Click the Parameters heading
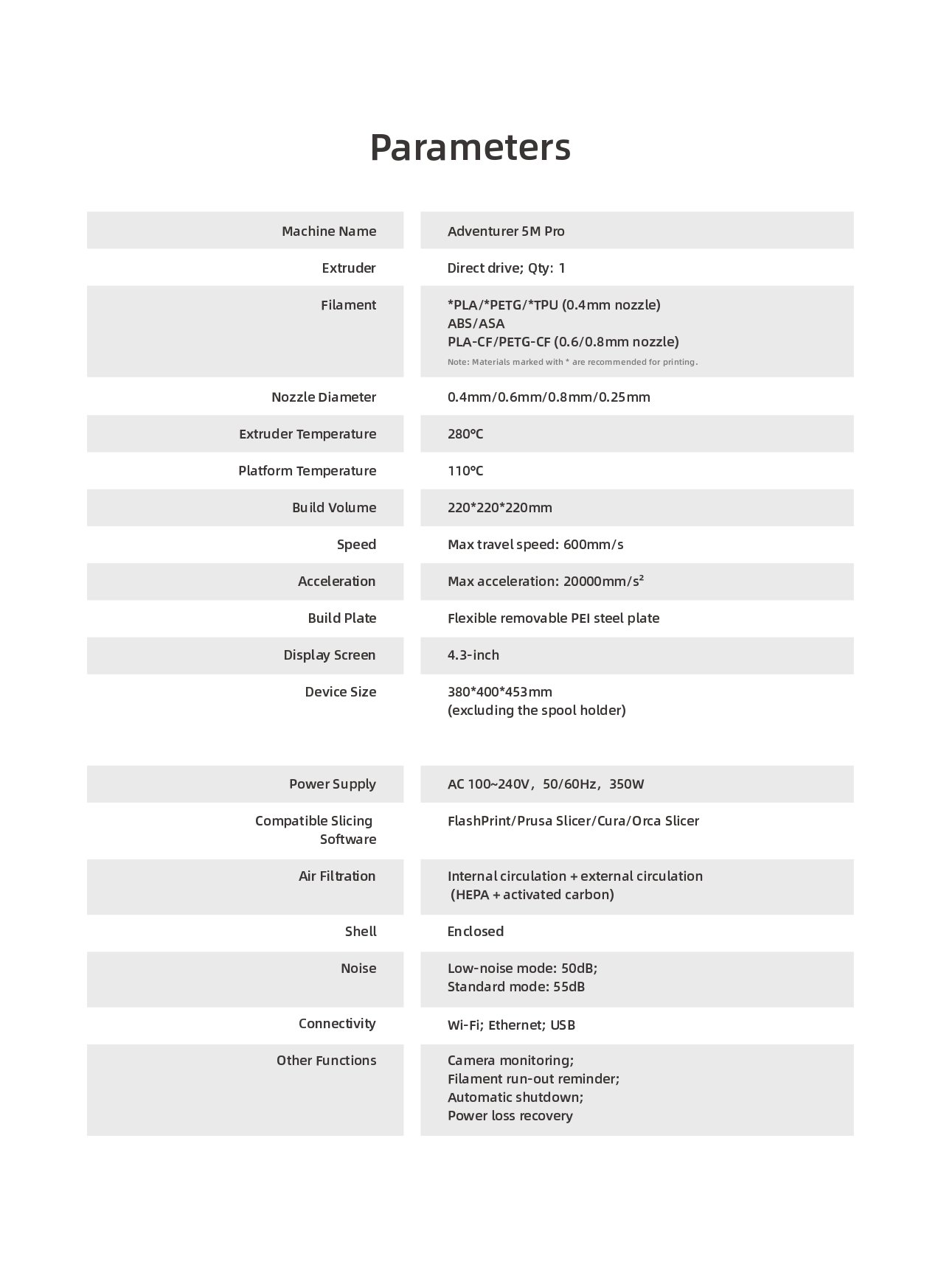click(x=470, y=147)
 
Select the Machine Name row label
click(x=328, y=231)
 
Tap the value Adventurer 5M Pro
click(x=506, y=231)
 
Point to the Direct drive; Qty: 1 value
click(x=506, y=268)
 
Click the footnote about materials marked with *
click(x=572, y=362)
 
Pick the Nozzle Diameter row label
click(x=323, y=397)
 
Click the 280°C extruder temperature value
click(x=465, y=434)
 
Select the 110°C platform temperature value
click(x=465, y=471)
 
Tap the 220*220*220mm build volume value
click(x=499, y=508)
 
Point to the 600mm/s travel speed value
click(x=593, y=545)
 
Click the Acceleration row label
click(x=336, y=582)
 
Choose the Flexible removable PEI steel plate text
click(x=553, y=618)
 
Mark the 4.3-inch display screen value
click(x=473, y=655)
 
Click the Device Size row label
click(x=340, y=692)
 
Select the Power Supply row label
click(x=332, y=784)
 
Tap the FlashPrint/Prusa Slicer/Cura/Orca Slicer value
click(x=573, y=821)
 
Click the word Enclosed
click(x=475, y=932)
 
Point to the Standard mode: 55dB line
click(x=515, y=987)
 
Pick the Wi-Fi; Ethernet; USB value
click(x=511, y=1025)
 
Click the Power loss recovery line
click(x=510, y=1116)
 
